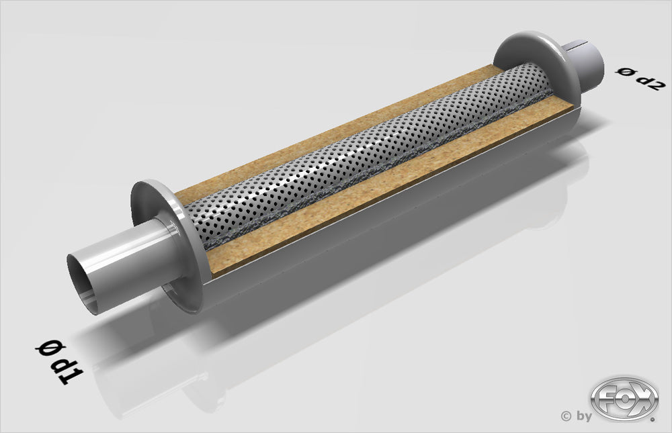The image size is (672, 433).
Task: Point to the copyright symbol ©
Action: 566,416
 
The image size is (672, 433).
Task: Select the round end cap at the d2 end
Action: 531,64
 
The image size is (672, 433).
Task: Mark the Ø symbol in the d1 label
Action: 47,348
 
